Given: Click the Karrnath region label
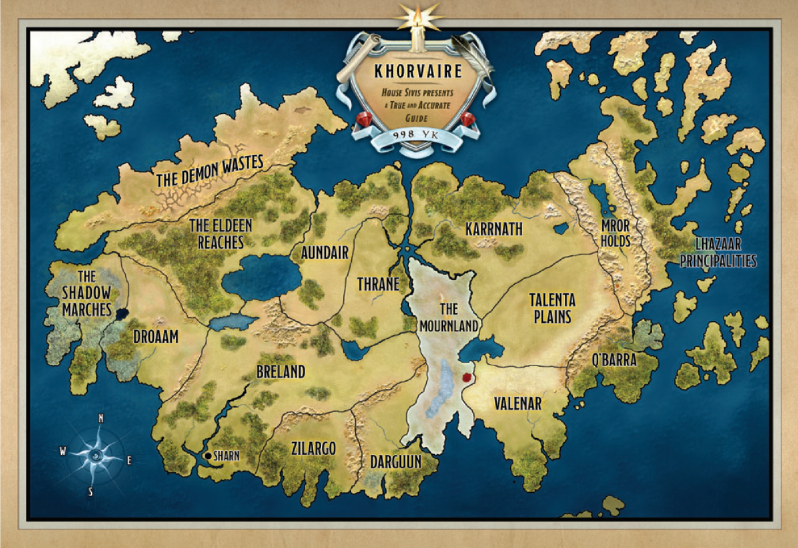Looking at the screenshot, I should [x=494, y=229].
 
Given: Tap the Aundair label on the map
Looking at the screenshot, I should [x=324, y=253].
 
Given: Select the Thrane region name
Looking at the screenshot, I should [x=378, y=284].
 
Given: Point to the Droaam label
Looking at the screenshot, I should [x=156, y=337].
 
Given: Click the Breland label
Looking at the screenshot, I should [x=281, y=372].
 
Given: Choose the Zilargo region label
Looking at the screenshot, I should [x=313, y=449].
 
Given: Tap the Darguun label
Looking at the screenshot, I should [x=396, y=462].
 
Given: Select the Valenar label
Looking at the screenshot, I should [x=517, y=403].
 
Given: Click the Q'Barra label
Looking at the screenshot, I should [x=614, y=360].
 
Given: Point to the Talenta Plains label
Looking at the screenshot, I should [x=552, y=308].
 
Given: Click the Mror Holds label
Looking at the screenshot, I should [x=615, y=233].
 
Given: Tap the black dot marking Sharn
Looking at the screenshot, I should [x=208, y=456].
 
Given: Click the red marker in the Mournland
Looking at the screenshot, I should [x=467, y=377].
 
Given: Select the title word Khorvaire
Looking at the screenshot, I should [x=418, y=71].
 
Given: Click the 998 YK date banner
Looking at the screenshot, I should [x=415, y=135].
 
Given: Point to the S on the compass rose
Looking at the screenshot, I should [x=90, y=492].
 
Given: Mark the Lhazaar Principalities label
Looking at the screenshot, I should [x=718, y=252].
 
